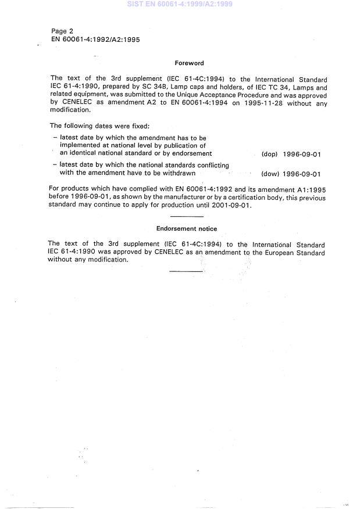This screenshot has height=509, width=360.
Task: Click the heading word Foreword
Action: (189, 63)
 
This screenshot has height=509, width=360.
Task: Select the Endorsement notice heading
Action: (187, 229)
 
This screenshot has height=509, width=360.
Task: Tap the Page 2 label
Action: (62, 31)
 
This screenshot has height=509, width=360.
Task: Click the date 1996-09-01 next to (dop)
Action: (302, 154)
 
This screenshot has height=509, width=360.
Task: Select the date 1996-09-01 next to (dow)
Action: (302, 174)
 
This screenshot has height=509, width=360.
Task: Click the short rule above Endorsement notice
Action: (187, 217)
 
